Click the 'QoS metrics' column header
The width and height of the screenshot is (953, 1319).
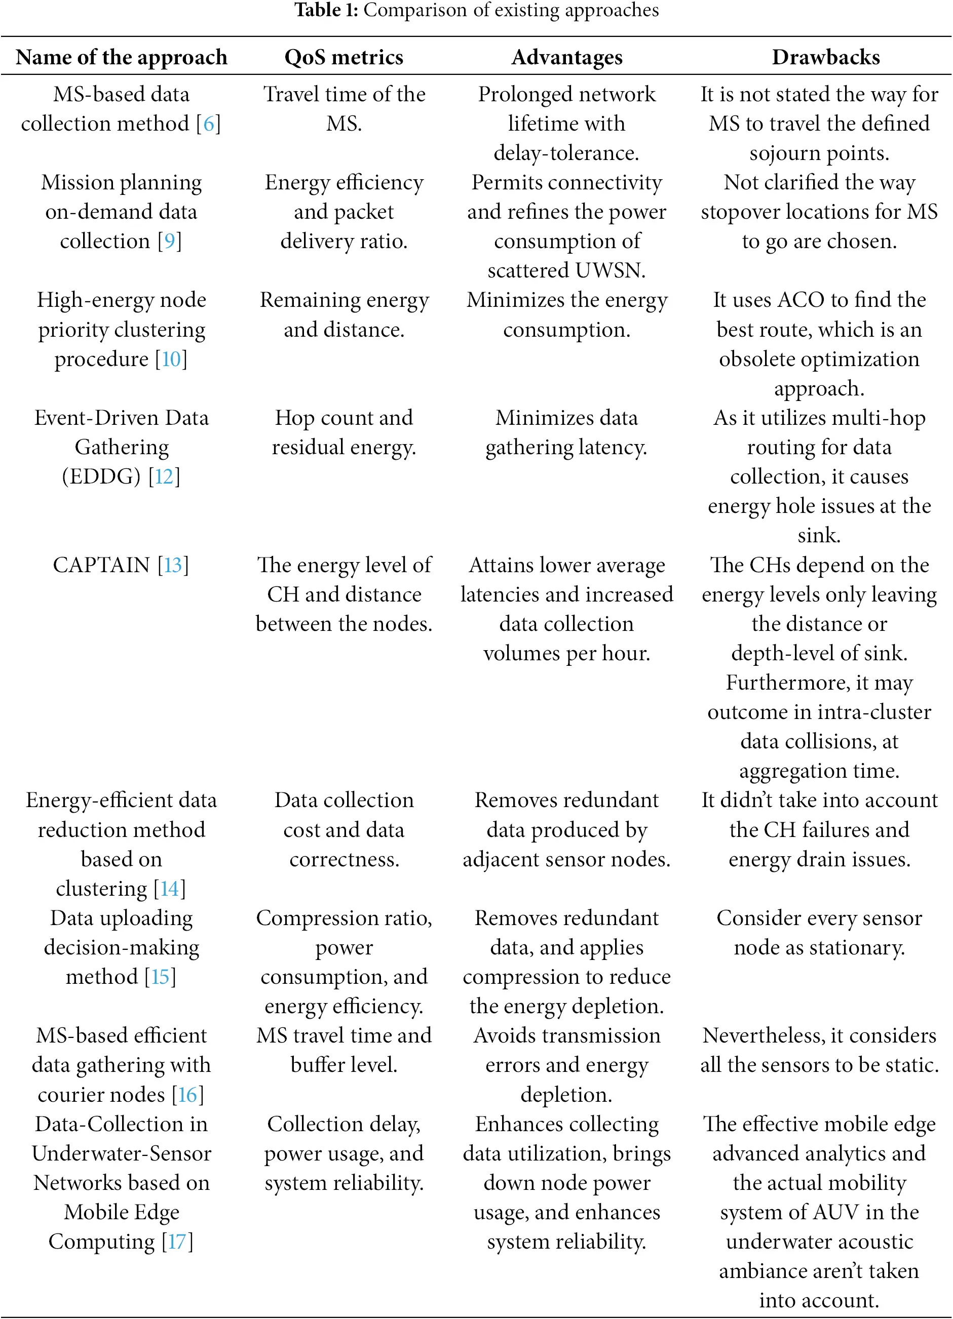tap(344, 57)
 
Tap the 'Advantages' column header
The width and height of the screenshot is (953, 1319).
tap(566, 57)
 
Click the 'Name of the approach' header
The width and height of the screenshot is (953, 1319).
tap(121, 57)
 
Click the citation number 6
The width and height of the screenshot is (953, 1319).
tap(208, 124)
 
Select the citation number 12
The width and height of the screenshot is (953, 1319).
tap(164, 477)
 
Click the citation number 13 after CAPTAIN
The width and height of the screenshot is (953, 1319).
tap(173, 565)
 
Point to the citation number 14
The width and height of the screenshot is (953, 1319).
tap(169, 889)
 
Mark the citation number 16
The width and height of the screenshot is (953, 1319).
tap(187, 1095)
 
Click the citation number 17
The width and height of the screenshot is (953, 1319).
tap(177, 1242)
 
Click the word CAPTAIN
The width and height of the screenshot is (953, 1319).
tap(101, 565)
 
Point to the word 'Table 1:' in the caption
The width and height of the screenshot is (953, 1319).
tap(326, 10)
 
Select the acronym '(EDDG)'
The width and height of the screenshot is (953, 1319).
tap(101, 477)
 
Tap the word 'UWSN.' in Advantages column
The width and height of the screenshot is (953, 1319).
tap(611, 270)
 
